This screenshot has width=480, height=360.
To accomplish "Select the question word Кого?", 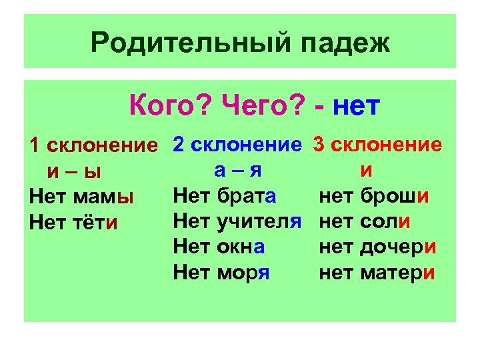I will [170, 105].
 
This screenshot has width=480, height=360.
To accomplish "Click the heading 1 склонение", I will [97, 146].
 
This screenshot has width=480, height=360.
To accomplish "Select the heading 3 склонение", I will [377, 145].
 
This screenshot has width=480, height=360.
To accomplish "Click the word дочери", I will [398, 246].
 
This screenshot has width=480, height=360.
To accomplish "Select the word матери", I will [398, 271].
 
